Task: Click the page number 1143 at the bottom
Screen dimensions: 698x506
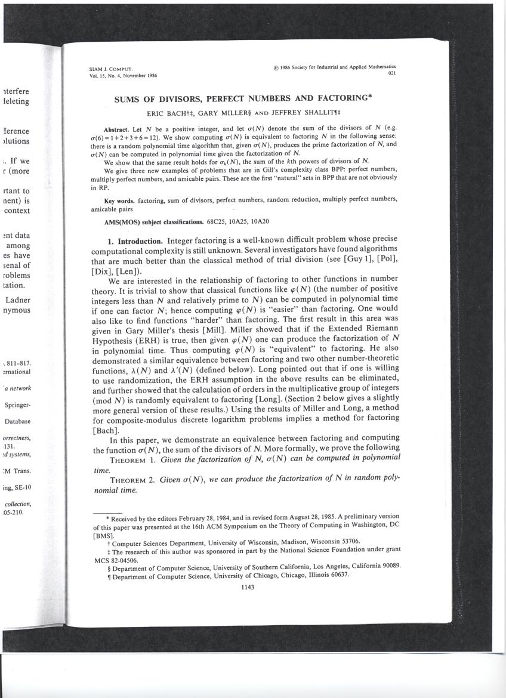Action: point(247,587)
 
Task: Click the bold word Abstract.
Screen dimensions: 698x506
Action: point(118,129)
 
